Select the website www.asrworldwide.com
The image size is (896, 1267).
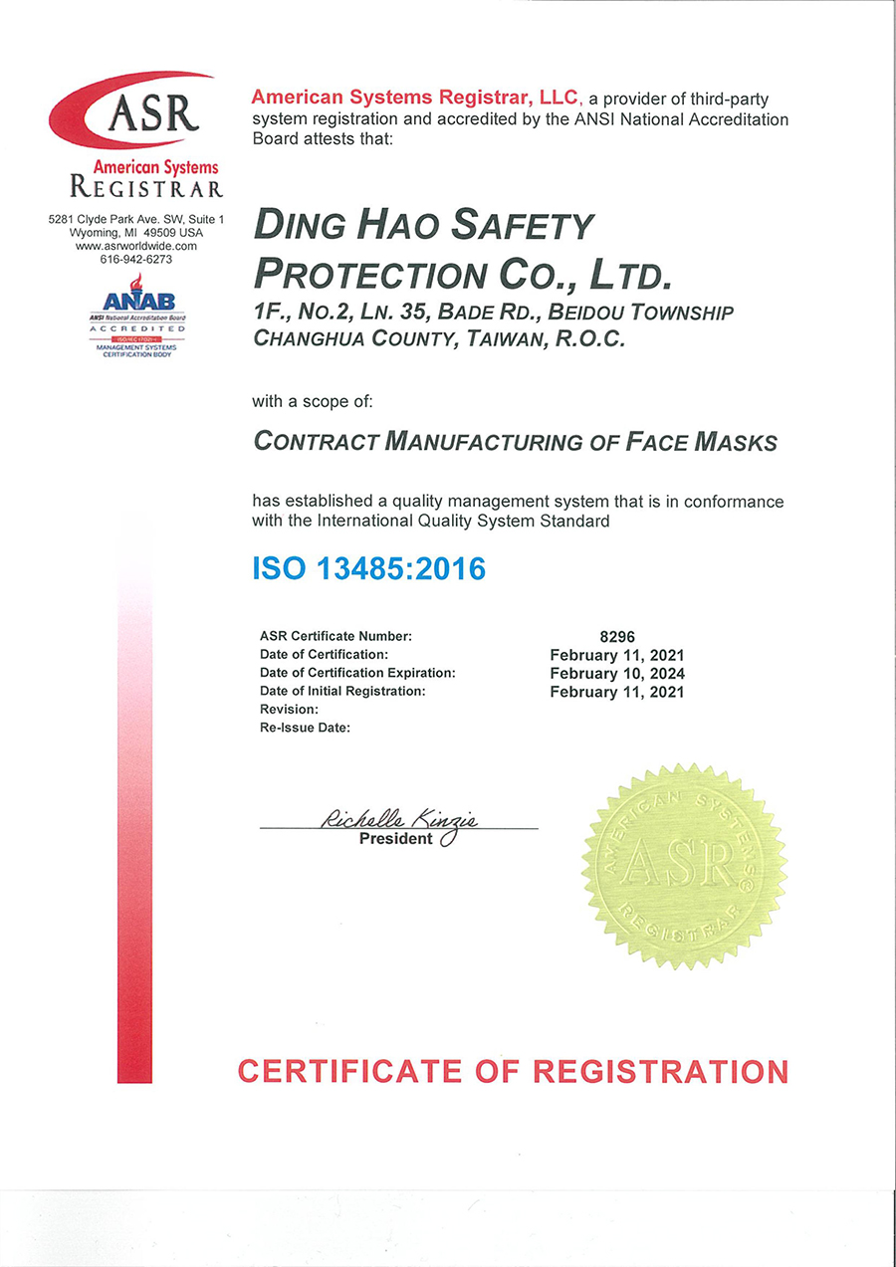(x=136, y=245)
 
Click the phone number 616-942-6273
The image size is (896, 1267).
(x=136, y=259)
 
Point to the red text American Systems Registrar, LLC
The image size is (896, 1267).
(x=414, y=97)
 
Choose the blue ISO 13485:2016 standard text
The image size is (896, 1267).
(x=369, y=569)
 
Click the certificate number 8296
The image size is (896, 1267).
(x=617, y=636)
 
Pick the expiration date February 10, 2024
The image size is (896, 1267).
(x=617, y=673)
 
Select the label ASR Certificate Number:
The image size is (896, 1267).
(x=336, y=636)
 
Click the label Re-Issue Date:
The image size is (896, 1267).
(x=306, y=728)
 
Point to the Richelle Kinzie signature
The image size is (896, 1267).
(x=399, y=819)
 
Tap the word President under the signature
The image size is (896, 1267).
(x=395, y=838)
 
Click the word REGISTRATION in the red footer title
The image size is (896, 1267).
(x=660, y=1071)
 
